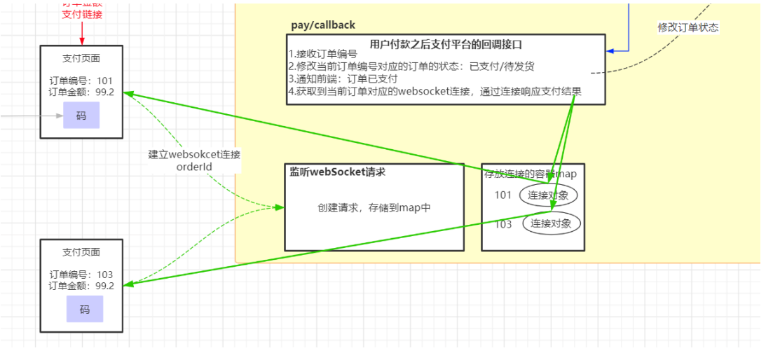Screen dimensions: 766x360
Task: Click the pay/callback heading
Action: (x=323, y=25)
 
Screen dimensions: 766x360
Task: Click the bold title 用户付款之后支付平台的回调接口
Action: (x=446, y=44)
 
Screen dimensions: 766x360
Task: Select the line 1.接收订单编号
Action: (x=323, y=54)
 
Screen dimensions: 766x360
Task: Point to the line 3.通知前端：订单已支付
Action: (x=343, y=79)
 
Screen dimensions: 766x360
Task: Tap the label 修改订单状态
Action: (x=688, y=27)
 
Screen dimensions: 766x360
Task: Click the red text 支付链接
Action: (x=81, y=14)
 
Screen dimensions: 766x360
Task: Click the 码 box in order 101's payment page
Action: (x=81, y=116)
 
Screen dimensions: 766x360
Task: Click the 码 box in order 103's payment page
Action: (x=84, y=309)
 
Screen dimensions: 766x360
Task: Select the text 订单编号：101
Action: (x=81, y=81)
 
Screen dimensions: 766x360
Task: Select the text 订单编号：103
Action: (x=81, y=275)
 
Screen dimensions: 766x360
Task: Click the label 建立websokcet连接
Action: (x=194, y=154)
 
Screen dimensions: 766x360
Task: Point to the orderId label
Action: (x=194, y=167)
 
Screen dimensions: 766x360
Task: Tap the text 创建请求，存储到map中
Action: (x=374, y=208)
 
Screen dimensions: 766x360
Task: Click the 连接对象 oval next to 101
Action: (x=549, y=195)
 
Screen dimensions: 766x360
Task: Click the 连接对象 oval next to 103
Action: (x=553, y=223)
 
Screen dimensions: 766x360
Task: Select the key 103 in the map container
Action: (x=503, y=224)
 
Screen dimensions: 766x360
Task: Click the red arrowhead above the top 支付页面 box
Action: (x=81, y=41)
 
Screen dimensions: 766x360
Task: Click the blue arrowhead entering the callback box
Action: (x=610, y=51)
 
